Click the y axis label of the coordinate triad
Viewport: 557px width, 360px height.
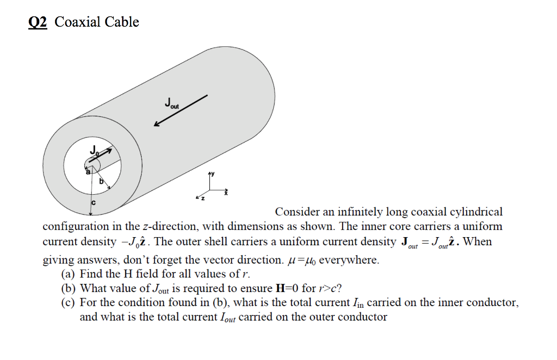tap(213, 174)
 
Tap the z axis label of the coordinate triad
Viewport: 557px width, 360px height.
tap(203, 199)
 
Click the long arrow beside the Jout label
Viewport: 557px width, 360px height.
tap(181, 110)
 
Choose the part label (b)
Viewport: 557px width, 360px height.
tap(69, 288)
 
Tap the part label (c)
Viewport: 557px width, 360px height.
tap(69, 303)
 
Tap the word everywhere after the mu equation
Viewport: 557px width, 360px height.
tap(348, 259)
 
